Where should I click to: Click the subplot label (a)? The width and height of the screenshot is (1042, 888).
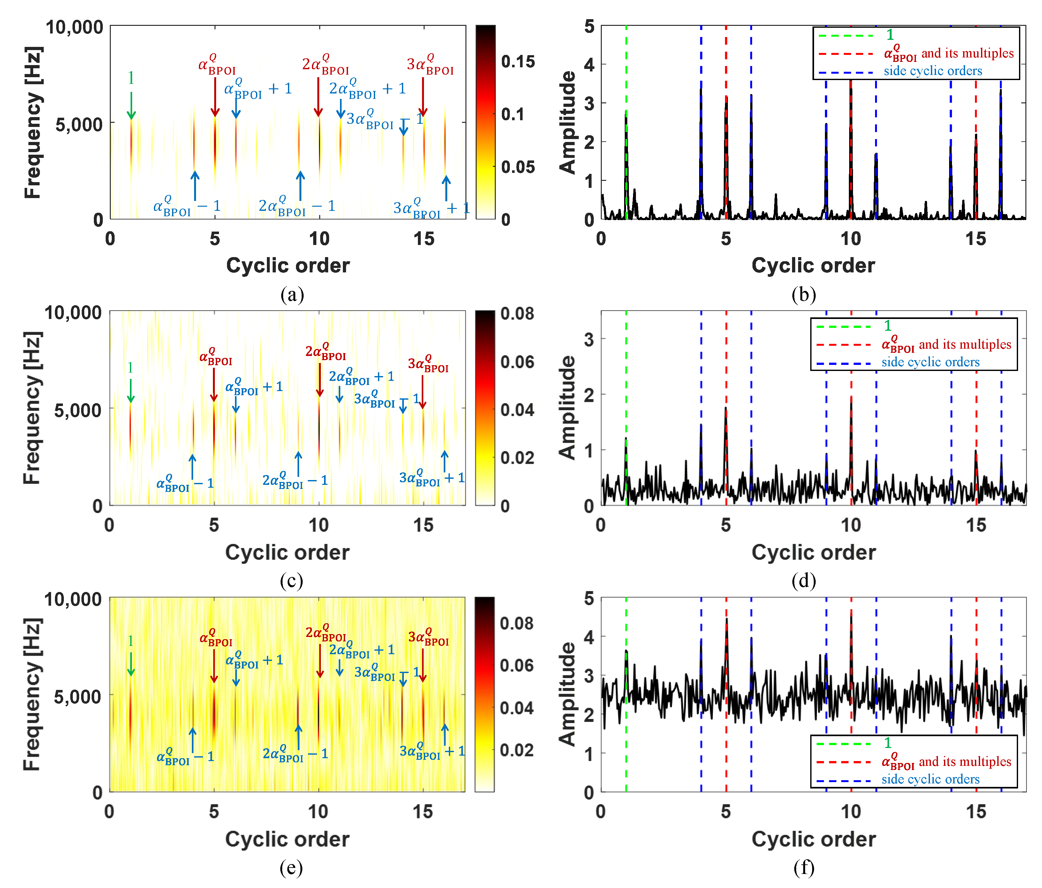coord(292,295)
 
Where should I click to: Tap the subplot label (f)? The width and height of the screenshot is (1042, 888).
coord(803,868)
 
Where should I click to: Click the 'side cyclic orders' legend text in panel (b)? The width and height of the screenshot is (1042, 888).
coord(933,71)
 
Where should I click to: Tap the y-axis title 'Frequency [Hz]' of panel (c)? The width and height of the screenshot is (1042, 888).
coord(32,408)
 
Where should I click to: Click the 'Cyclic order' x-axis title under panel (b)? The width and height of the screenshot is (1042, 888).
coord(813,265)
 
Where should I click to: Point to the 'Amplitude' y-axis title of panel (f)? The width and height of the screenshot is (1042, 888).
coord(567,693)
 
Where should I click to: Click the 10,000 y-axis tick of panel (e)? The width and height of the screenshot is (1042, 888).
coord(73,600)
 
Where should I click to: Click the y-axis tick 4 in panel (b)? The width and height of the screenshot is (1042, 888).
coord(589,64)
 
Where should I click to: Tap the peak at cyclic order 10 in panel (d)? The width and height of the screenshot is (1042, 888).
coord(851,398)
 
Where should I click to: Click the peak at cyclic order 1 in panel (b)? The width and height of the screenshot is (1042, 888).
coord(626,112)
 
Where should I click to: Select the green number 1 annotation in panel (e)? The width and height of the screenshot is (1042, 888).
coord(130,641)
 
